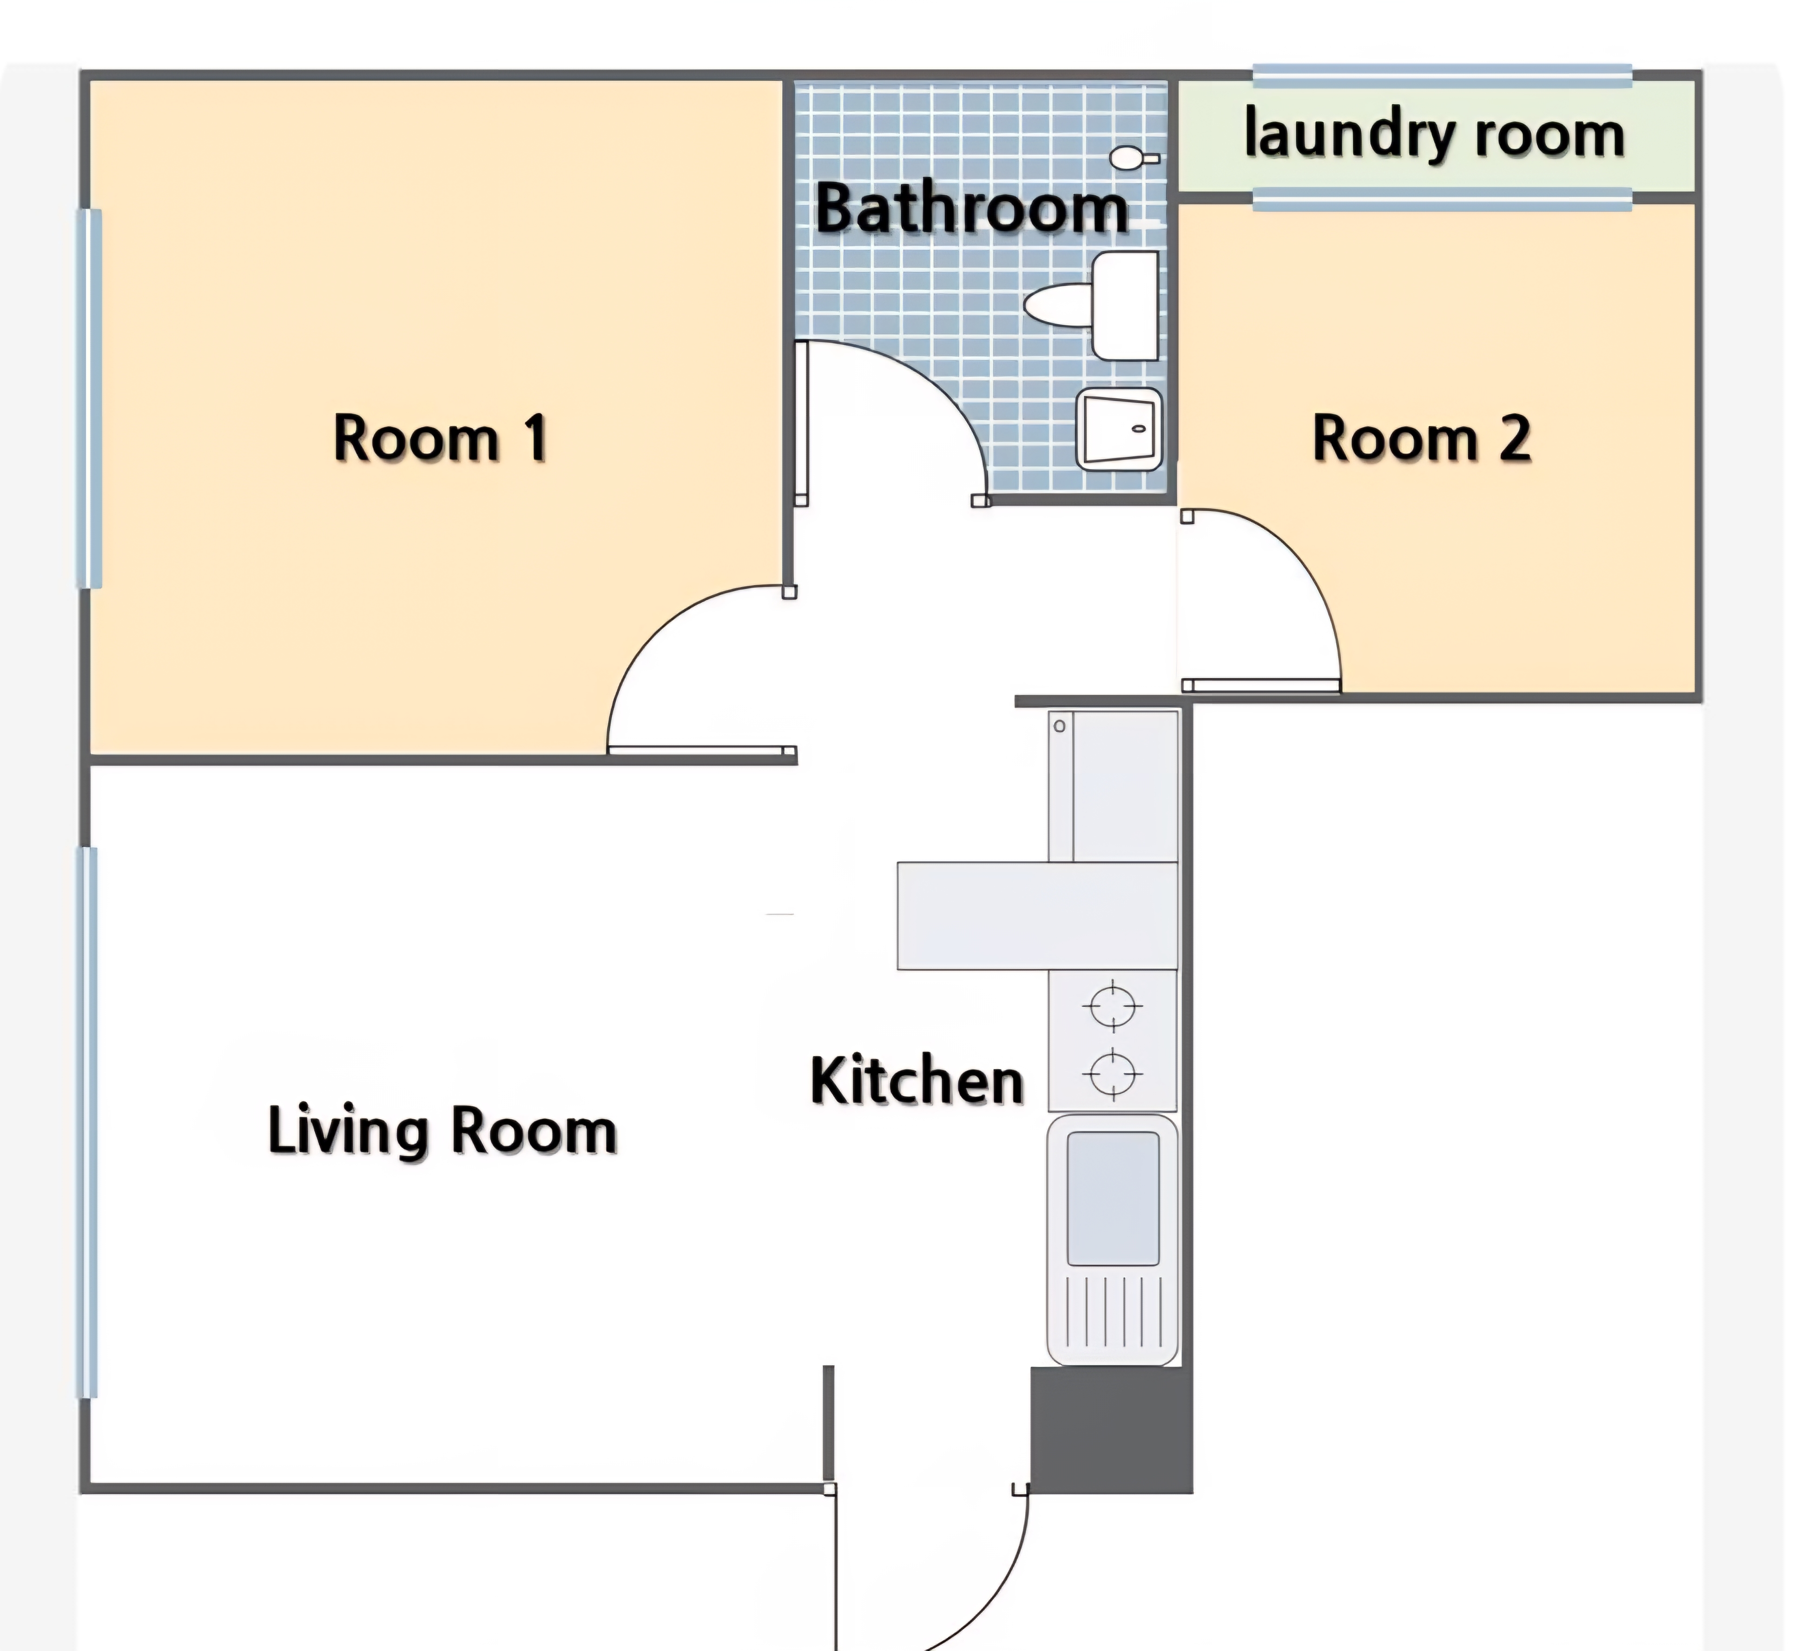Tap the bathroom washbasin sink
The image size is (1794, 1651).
(x=1119, y=429)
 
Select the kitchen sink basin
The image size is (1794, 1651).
(x=1113, y=1198)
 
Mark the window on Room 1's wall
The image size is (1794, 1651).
(x=89, y=398)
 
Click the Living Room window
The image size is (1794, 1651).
(x=86, y=1122)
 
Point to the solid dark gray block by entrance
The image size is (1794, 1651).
(x=1112, y=1429)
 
